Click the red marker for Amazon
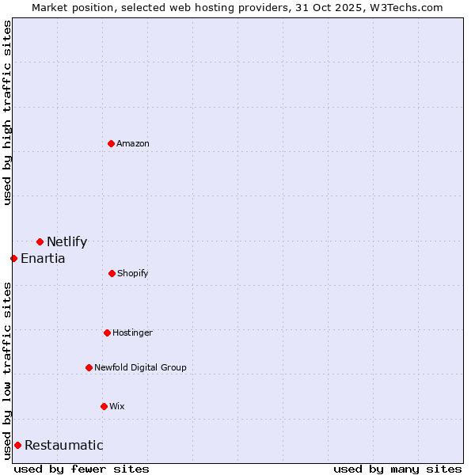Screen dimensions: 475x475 pyautogui.click(x=111, y=143)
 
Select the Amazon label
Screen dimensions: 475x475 pyautogui.click(x=133, y=143)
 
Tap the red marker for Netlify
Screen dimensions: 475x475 pyautogui.click(x=40, y=241)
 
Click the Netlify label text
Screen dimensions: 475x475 pyautogui.click(x=66, y=242)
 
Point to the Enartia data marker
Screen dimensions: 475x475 pyautogui.click(x=13, y=258)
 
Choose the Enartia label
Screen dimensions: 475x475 pyautogui.click(x=43, y=259)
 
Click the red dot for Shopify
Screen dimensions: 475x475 pyautogui.click(x=112, y=273)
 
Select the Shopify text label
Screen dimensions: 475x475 pyautogui.click(x=132, y=274)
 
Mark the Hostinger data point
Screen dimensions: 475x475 pyautogui.click(x=107, y=332)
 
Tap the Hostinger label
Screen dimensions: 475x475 pyautogui.click(x=132, y=333)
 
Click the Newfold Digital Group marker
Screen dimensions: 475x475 pyautogui.click(x=89, y=367)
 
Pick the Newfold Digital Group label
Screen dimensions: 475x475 pyautogui.click(x=140, y=367)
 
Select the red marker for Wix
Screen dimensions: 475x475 pyautogui.click(x=104, y=406)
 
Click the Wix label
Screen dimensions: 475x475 pyautogui.click(x=117, y=407)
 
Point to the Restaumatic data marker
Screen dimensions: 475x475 pyautogui.click(x=17, y=445)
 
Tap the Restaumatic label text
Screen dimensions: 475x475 pyautogui.click(x=63, y=446)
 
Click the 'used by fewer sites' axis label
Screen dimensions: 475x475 pyautogui.click(x=82, y=469)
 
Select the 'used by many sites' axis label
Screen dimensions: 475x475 pyautogui.click(x=397, y=469)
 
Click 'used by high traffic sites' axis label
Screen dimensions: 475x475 pyautogui.click(x=7, y=112)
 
